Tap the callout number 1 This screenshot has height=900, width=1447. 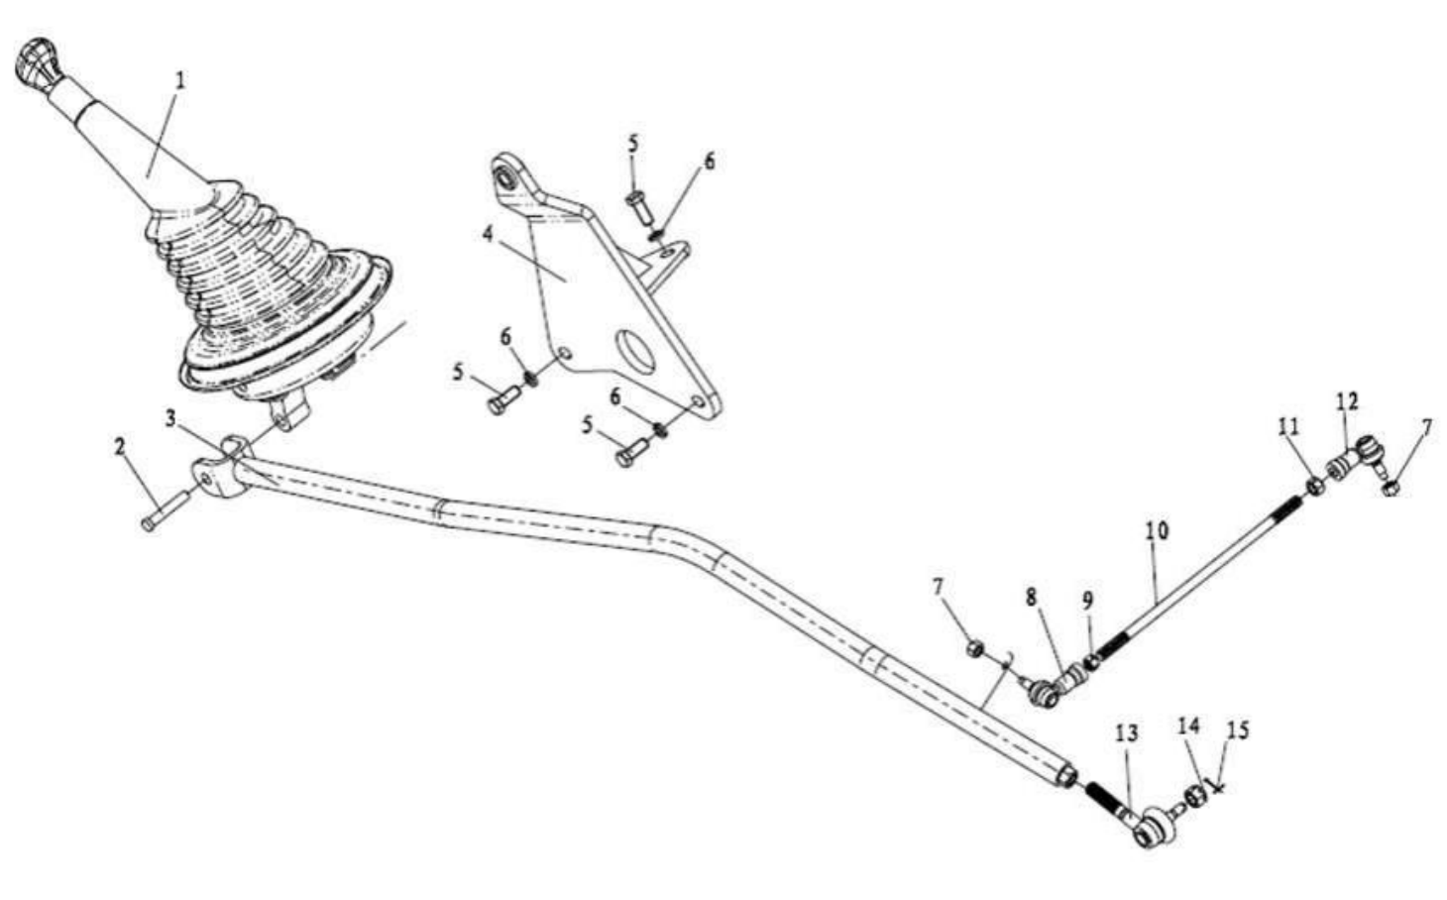tap(179, 81)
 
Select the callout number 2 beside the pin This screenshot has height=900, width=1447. tap(120, 447)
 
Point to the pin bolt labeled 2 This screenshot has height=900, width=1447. tap(165, 510)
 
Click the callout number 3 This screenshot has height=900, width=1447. tap(169, 419)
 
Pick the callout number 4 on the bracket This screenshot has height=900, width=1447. tap(488, 235)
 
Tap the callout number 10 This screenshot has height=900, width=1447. tap(1157, 531)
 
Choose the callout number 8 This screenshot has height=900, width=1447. tap(1030, 598)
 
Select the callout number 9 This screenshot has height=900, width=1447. tap(1088, 602)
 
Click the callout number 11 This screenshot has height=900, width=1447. tap(1288, 426)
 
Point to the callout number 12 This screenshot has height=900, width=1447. tap(1348, 401)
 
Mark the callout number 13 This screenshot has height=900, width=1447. tap(1127, 733)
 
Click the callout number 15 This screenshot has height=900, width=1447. tap(1237, 731)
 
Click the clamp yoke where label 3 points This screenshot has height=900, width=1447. tap(221, 468)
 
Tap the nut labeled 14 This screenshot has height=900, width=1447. tap(1195, 797)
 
